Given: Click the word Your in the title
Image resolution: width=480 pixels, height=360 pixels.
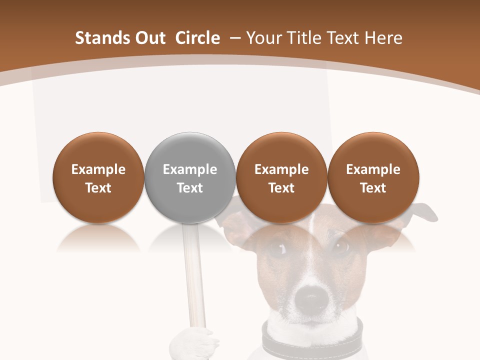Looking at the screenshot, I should (x=263, y=38).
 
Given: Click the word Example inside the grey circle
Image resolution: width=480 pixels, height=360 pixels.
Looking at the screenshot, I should (x=190, y=169).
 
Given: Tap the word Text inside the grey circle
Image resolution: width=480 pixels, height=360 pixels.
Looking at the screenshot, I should (x=190, y=188).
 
